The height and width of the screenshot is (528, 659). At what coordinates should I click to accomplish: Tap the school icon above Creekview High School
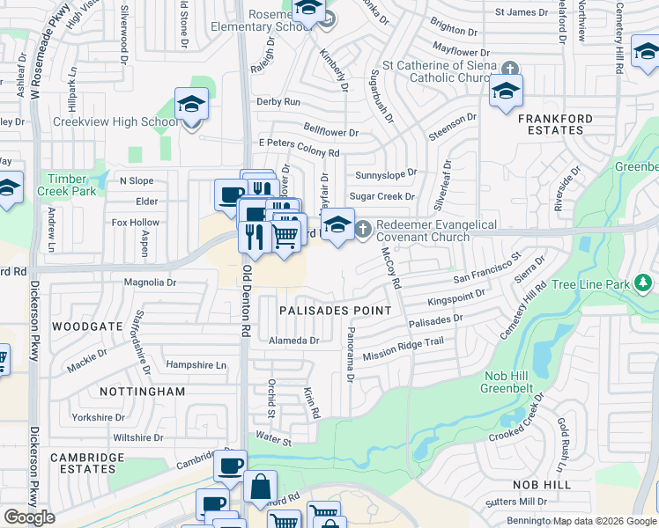point(190,106)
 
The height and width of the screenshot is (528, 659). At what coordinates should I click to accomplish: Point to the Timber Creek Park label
point(68,184)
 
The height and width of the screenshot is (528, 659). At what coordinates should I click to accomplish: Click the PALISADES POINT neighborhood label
point(335,311)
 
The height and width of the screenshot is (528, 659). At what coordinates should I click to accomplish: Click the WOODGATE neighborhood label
point(87,326)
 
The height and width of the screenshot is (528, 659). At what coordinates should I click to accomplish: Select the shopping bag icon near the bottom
point(261,486)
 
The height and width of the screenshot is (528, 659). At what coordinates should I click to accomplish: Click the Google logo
point(29,517)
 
